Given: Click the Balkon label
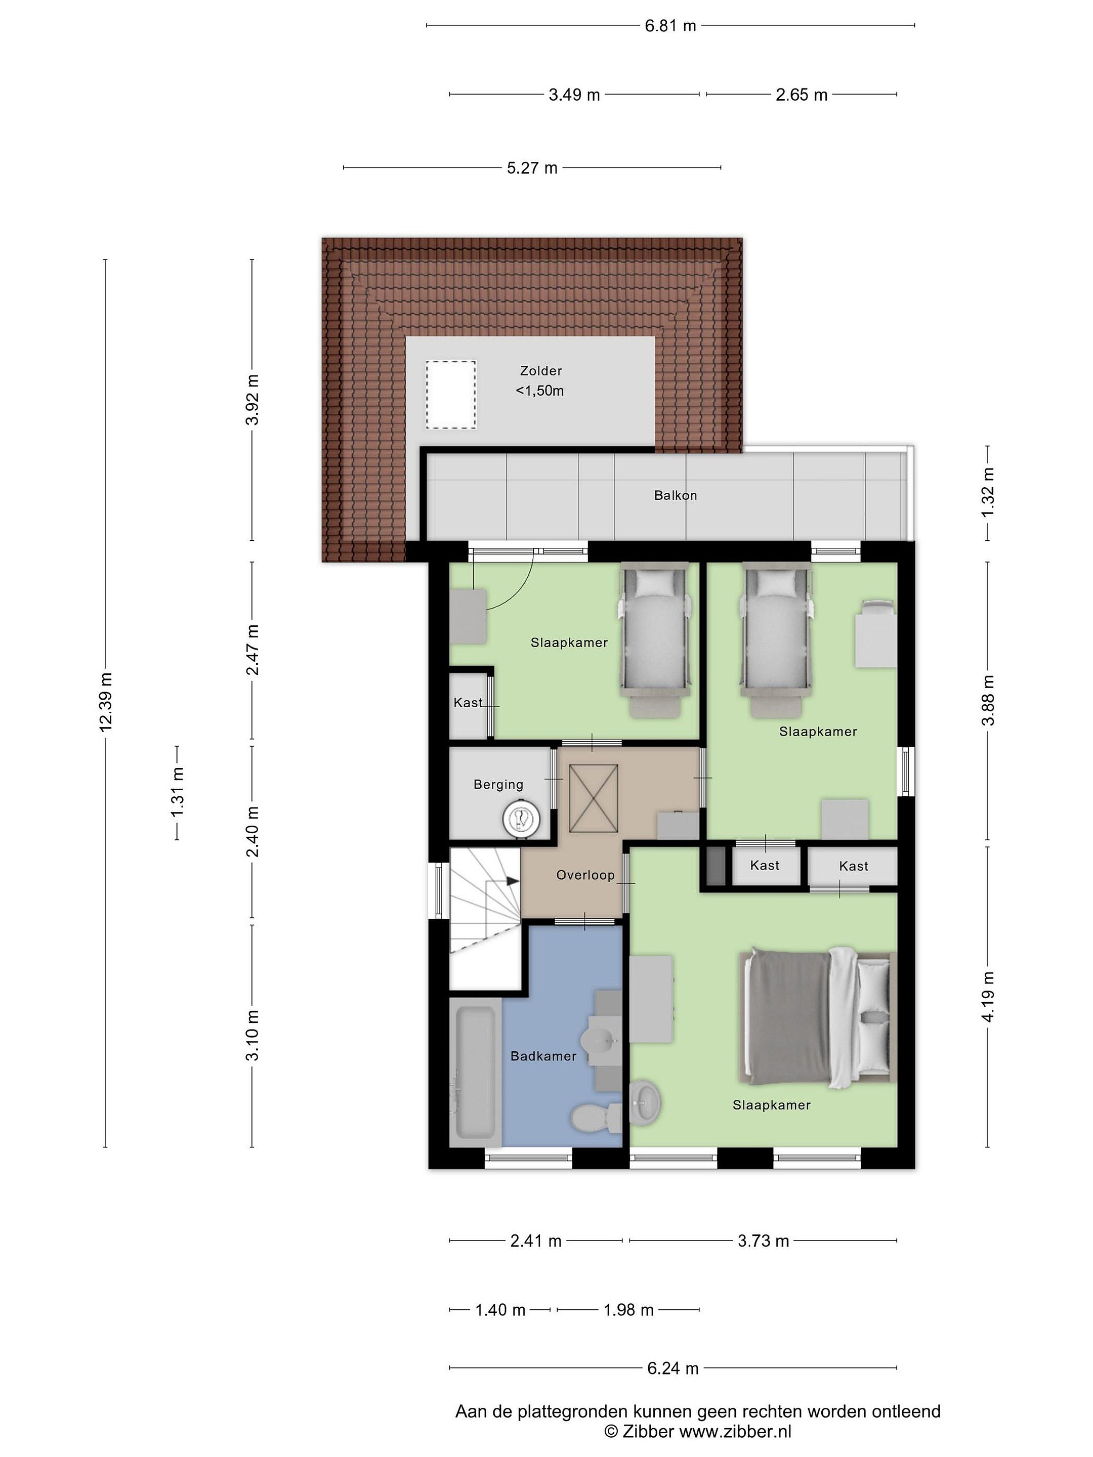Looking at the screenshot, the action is tap(676, 495).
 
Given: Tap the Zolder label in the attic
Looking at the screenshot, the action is tap(541, 371).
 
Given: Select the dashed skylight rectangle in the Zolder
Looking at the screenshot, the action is tap(451, 395).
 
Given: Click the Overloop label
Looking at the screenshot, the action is tap(585, 875).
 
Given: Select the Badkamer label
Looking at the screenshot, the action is tap(543, 1056).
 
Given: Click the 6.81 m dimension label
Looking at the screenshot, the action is tap(670, 26).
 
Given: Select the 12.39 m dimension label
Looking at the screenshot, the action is tap(105, 702).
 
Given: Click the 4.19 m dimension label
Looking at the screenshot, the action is tap(988, 997).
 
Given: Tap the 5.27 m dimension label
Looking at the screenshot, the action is tap(532, 168).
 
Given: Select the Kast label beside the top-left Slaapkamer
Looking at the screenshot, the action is tap(468, 703).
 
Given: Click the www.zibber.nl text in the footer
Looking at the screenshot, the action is tap(735, 1431).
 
